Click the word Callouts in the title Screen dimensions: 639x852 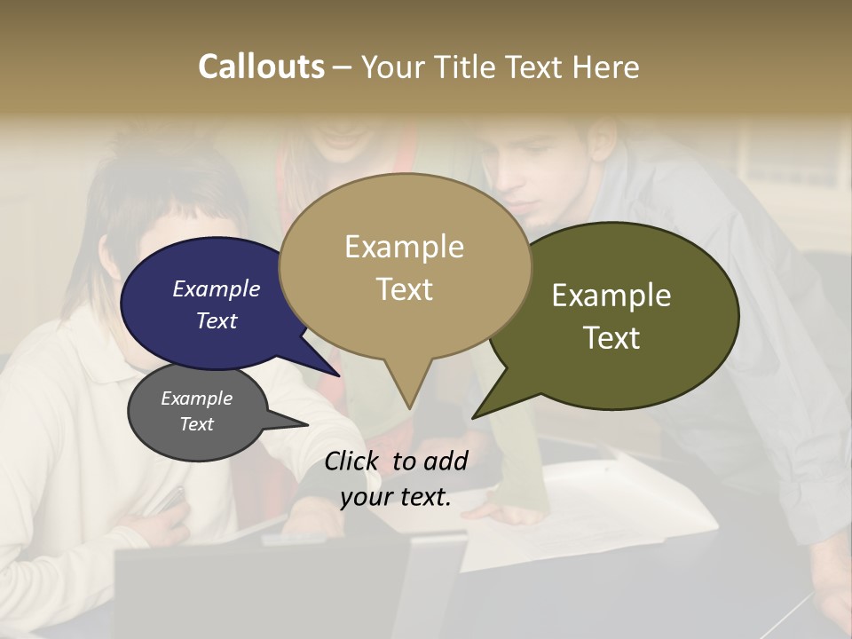(261, 67)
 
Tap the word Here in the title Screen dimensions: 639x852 (603, 67)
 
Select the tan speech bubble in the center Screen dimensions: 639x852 (405, 266)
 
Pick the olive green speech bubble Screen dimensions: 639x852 (621, 315)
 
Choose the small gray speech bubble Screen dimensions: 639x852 (197, 412)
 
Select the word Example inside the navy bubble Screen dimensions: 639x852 (216, 288)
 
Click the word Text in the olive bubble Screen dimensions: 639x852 (612, 338)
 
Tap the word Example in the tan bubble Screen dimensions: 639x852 (404, 247)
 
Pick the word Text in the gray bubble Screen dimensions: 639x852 (196, 424)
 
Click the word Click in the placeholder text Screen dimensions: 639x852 (352, 460)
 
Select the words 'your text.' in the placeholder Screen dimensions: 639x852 (396, 497)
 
